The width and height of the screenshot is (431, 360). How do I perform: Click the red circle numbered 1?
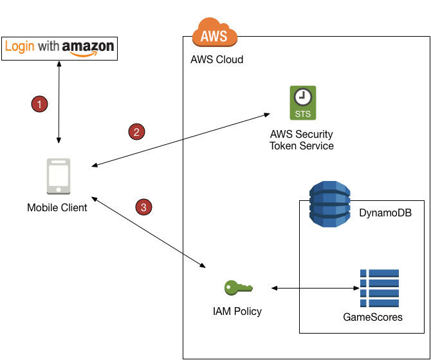coord(40,103)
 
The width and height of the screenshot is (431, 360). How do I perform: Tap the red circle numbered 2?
coord(136,132)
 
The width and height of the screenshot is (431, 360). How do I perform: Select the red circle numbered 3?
coord(143,207)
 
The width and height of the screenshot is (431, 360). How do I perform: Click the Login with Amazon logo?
coord(59,48)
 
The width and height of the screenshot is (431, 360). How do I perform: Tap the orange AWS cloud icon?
coord(214,32)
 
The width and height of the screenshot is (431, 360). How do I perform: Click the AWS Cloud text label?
coord(217,60)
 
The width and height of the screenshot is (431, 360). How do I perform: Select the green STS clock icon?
coord(302,103)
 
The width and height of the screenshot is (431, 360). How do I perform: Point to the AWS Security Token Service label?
coord(302,140)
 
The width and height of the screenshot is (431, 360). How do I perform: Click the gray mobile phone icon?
coord(57,176)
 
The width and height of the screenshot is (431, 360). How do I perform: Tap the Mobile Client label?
coord(57,207)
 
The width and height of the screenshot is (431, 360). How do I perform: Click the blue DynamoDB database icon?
coord(330,204)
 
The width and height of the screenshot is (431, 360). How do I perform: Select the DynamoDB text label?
coord(385,213)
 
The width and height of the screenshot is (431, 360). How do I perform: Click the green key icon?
coord(238,287)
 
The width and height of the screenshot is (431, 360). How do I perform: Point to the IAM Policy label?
coord(237,311)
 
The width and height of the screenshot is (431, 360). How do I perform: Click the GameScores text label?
coord(372,317)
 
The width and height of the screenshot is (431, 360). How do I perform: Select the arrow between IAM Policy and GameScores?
coord(315,288)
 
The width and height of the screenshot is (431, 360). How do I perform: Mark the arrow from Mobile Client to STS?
coord(180,141)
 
